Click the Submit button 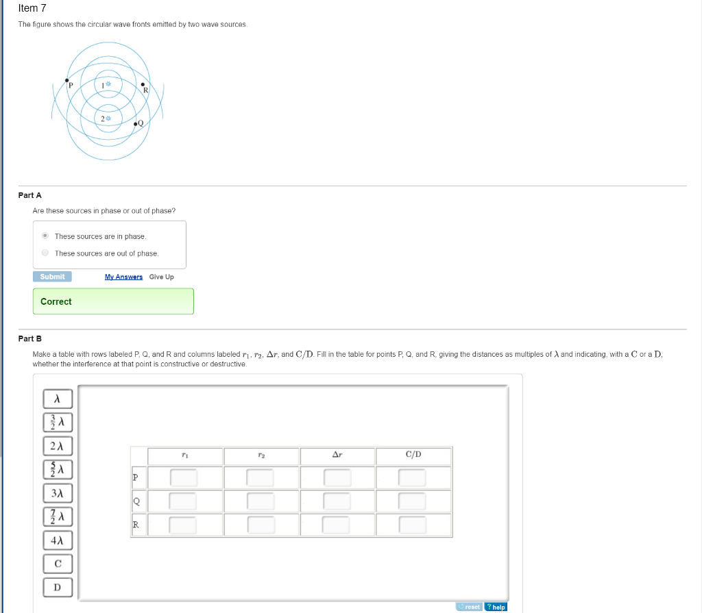(x=52, y=277)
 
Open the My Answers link (x=123, y=277)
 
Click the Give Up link (x=161, y=277)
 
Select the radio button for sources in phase (x=45, y=236)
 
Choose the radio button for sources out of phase (x=45, y=253)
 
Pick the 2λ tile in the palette (x=58, y=446)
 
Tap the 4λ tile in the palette (x=58, y=540)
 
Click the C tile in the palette (x=58, y=564)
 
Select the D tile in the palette (x=58, y=587)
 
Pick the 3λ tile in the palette (x=58, y=493)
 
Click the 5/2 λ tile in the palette (x=58, y=469)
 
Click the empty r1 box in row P (x=184, y=477)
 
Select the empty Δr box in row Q (x=337, y=501)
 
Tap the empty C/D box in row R (x=413, y=525)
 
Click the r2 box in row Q (x=261, y=501)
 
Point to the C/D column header (x=413, y=455)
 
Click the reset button (x=469, y=607)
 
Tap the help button (x=496, y=607)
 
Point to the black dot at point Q (x=136, y=124)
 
